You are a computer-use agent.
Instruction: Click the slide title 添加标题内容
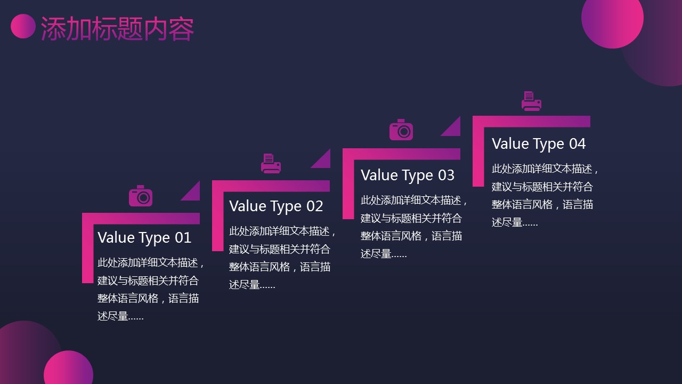tap(117, 29)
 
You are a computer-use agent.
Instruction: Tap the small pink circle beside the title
tap(23, 26)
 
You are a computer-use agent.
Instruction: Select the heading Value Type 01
tap(144, 238)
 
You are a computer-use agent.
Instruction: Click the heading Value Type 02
tap(276, 206)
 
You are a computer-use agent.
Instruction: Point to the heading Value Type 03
tap(408, 175)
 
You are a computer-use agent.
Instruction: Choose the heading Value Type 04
tap(539, 144)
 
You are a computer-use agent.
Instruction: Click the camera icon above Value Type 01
tap(141, 196)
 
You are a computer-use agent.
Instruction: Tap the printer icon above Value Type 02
tap(271, 163)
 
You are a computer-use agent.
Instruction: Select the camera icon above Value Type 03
tap(401, 130)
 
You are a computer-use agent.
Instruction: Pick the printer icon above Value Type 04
tap(531, 101)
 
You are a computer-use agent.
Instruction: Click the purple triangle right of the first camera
tap(193, 194)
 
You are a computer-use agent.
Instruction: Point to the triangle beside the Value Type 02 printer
tap(323, 162)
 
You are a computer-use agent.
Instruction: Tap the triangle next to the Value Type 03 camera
tap(453, 129)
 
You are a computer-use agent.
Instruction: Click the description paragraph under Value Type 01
tap(151, 289)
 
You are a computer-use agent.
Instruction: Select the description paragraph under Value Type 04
tap(545, 195)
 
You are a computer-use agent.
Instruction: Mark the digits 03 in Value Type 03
tap(446, 175)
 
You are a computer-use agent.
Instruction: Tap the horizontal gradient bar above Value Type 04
tap(531, 121)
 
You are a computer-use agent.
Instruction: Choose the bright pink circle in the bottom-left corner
tap(69, 367)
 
